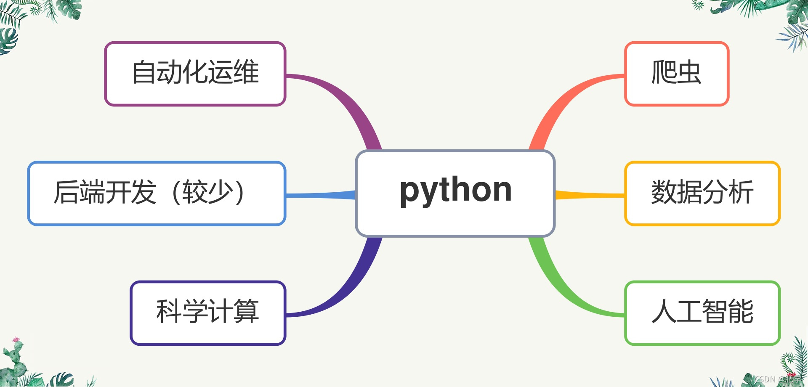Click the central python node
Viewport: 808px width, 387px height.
[455, 193]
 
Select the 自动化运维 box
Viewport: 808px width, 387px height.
[195, 74]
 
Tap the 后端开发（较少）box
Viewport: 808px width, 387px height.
[157, 193]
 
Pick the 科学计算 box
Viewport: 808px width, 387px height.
[208, 313]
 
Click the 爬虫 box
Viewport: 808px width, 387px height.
[677, 74]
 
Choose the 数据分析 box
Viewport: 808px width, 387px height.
[702, 193]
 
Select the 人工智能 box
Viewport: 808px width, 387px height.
[702, 313]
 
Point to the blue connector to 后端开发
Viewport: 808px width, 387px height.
[320, 195]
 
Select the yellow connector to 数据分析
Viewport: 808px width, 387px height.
[589, 195]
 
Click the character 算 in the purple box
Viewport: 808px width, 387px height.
[246, 312]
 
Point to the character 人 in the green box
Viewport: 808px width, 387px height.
[664, 312]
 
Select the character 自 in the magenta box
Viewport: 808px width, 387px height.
[144, 72]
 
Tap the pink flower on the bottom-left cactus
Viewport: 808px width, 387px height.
[16, 339]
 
